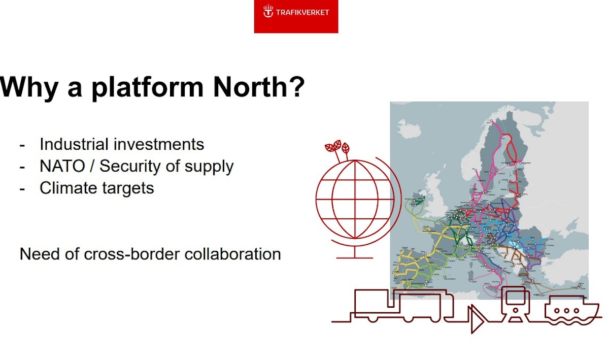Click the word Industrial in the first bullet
click(x=74, y=144)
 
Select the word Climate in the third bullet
click(x=67, y=188)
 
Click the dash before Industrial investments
click(x=22, y=145)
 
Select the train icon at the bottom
click(x=515, y=304)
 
